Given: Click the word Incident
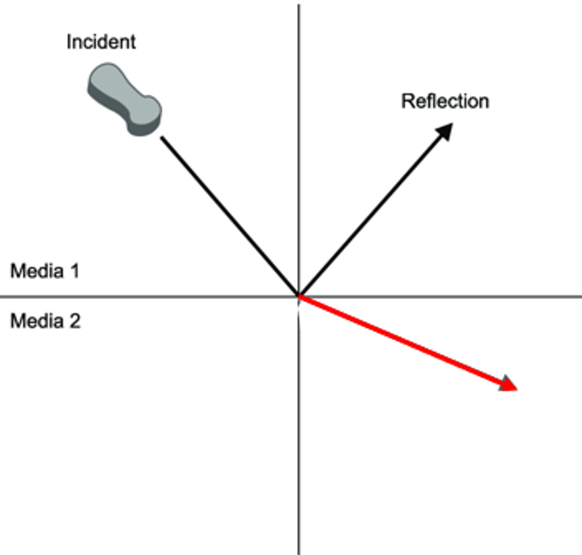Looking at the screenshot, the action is [101, 42].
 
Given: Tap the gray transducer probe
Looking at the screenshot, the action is [124, 98].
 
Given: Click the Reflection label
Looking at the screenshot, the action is [445, 102].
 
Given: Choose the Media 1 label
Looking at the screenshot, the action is [45, 271].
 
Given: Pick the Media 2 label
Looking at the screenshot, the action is [45, 321].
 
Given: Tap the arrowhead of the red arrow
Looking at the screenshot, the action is [508, 384].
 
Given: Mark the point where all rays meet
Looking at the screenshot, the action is [299, 296].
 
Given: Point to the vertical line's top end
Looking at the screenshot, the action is [299, 6].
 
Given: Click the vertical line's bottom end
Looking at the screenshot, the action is [299, 552].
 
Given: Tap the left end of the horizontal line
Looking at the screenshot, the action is [11, 296].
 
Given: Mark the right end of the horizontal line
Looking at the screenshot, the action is [579, 296].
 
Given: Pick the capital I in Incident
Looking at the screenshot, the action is [69, 42].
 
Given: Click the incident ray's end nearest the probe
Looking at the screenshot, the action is [162, 138].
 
